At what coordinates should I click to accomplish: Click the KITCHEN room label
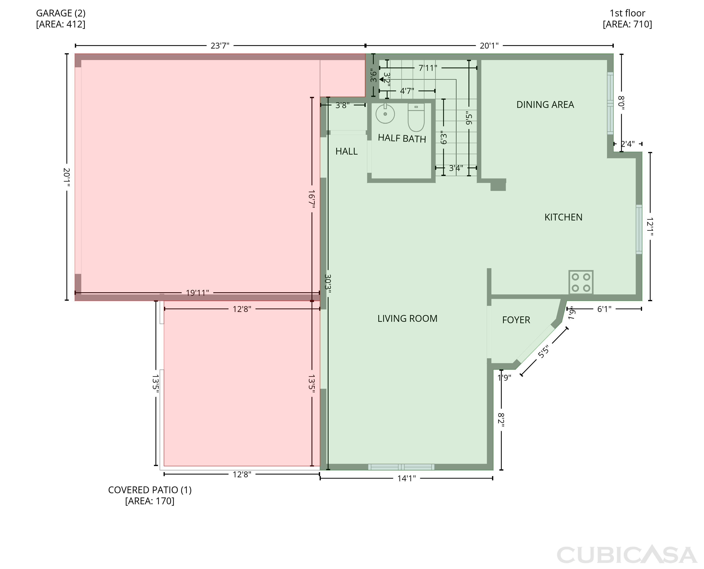tap(563, 217)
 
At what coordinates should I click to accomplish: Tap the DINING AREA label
tap(545, 105)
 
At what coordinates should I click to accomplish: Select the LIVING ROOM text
tap(407, 319)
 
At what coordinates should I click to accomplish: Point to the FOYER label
tap(516, 320)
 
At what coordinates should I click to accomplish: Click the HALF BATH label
tap(402, 138)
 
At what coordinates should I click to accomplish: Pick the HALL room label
tap(347, 152)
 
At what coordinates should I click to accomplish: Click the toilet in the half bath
tap(416, 117)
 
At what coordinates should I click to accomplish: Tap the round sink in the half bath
tap(385, 114)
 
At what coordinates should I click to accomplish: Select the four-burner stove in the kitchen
tap(581, 282)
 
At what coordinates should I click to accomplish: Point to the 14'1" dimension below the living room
tap(407, 478)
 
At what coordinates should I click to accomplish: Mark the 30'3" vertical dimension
tap(328, 284)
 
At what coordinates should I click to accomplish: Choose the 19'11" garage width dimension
tap(197, 293)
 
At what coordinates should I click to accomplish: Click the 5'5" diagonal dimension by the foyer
tap(543, 352)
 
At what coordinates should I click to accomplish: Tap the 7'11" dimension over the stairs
tap(428, 68)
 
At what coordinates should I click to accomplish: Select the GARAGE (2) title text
tap(61, 13)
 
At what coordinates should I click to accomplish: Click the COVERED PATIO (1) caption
tap(150, 490)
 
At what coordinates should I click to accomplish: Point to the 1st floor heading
tap(627, 13)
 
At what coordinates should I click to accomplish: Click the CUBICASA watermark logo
tap(627, 555)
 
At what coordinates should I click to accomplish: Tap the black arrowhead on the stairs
tap(382, 79)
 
